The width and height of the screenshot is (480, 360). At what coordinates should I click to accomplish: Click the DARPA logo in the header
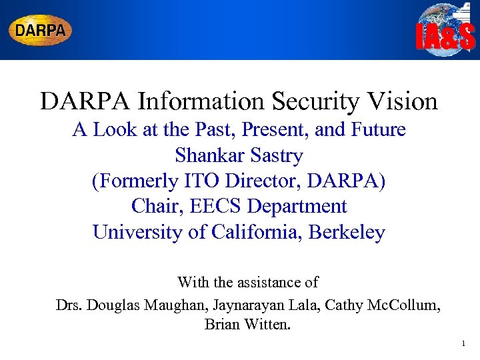tap(40, 30)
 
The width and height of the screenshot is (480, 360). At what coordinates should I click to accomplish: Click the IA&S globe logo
tap(445, 30)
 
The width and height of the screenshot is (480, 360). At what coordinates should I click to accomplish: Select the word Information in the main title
tap(203, 101)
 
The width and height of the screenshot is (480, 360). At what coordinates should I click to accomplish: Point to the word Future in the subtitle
tap(374, 129)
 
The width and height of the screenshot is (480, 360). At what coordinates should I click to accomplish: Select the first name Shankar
tap(207, 155)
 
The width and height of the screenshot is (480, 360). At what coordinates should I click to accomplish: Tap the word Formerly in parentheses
tap(135, 181)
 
